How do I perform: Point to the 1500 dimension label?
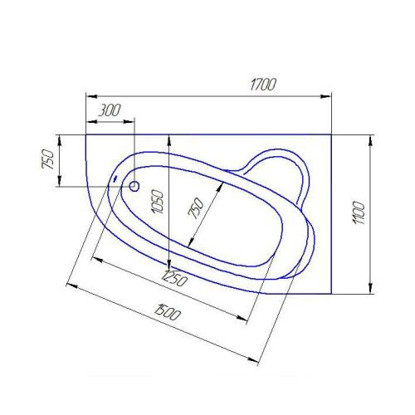(169, 313)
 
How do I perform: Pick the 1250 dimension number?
(174, 278)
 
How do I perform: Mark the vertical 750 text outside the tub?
(49, 159)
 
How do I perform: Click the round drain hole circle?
(134, 186)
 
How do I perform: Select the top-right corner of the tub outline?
(331, 133)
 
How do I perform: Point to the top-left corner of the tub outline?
(86, 133)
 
